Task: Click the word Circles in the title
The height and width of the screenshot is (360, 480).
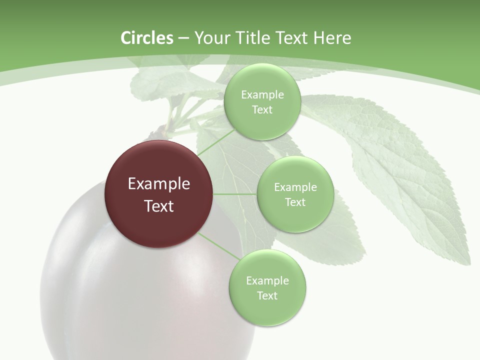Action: coord(146,38)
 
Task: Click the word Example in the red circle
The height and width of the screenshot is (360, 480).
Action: coord(159,184)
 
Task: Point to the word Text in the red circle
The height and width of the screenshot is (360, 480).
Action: coord(159,206)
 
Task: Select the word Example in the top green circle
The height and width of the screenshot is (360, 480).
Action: coord(262,94)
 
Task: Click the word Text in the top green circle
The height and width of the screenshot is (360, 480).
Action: coord(262,109)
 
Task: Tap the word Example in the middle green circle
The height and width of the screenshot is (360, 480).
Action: coord(295,187)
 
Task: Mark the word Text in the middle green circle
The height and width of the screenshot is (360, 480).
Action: coord(295,202)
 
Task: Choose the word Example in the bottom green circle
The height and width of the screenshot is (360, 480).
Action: coord(267,280)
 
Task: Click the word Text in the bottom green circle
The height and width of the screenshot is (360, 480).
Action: coord(267,295)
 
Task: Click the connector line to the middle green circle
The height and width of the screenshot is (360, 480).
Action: coord(235,194)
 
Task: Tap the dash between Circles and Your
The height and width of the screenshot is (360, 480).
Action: coord(183,38)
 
